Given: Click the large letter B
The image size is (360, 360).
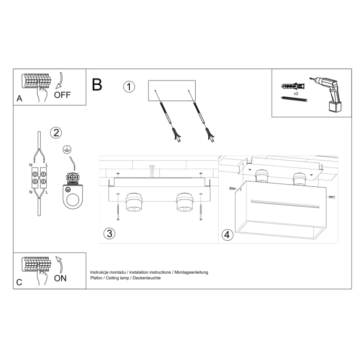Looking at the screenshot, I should pos(97,85).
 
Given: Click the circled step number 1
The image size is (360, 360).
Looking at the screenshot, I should pos(129,86).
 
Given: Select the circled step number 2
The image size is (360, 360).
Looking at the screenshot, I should pos(56,132).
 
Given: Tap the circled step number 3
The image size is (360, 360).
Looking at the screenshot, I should pos(109,233).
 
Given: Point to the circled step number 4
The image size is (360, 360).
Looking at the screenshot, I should pos(227,235).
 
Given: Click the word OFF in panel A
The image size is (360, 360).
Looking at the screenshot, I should pos(62,95).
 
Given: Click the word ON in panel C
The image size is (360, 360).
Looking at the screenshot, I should pos(60,278).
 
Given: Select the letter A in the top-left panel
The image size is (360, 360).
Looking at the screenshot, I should pos(19,98).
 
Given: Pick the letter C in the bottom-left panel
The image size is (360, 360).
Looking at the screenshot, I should pos(19,282).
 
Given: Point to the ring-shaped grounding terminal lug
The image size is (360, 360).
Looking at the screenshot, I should pos(70,197).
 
